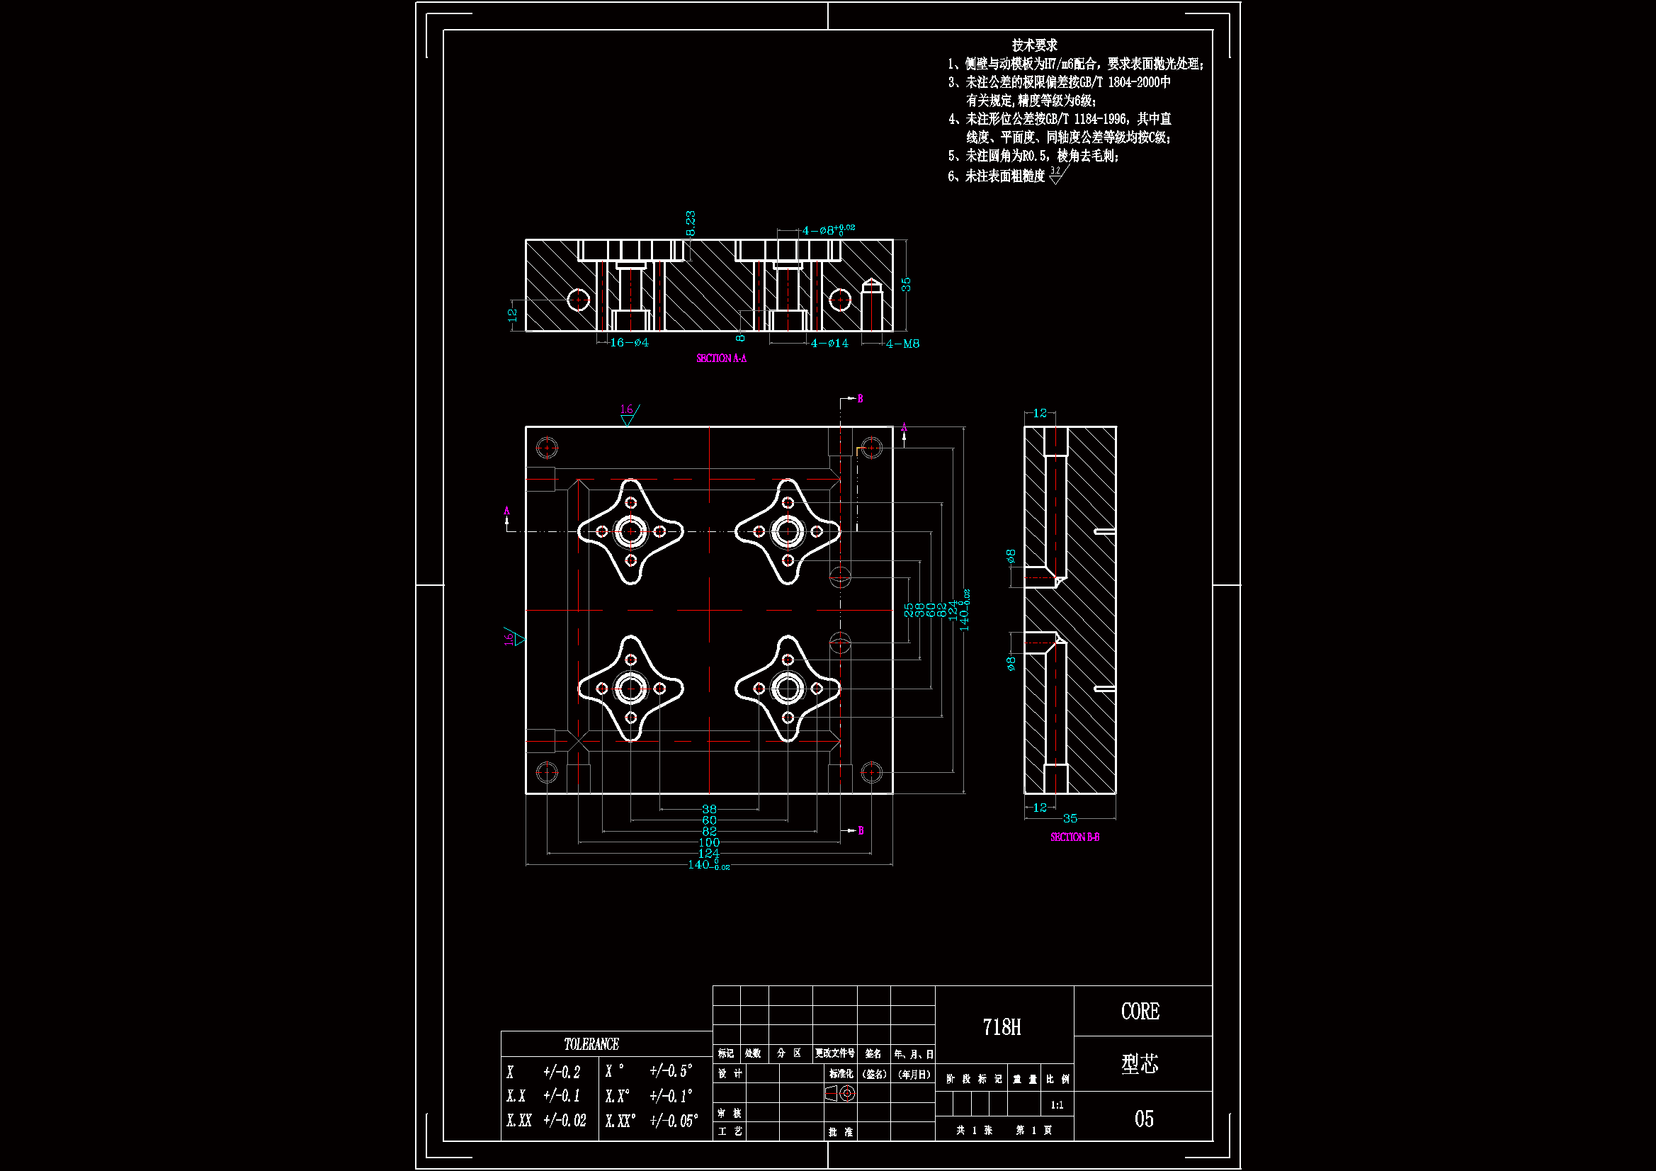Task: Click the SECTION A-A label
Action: (x=720, y=358)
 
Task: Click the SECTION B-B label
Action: (x=1074, y=837)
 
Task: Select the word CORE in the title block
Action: (x=1140, y=1012)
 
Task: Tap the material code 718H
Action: (x=1001, y=1027)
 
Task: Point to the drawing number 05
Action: (x=1143, y=1119)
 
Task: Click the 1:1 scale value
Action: (x=1057, y=1105)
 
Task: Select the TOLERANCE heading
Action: (x=591, y=1044)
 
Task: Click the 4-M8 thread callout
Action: (x=902, y=344)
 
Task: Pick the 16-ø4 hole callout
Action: (x=629, y=342)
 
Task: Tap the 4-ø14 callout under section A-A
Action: (x=829, y=344)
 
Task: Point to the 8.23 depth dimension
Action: (x=691, y=223)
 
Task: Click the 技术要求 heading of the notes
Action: (x=1034, y=45)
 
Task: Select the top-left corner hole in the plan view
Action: (x=547, y=448)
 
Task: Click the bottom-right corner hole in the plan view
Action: (x=871, y=772)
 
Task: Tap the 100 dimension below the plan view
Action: (x=709, y=843)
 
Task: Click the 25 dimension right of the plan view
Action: (x=908, y=611)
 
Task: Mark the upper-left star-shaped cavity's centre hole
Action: (x=630, y=532)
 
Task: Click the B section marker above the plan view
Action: (x=860, y=398)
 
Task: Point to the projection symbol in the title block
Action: (x=840, y=1094)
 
